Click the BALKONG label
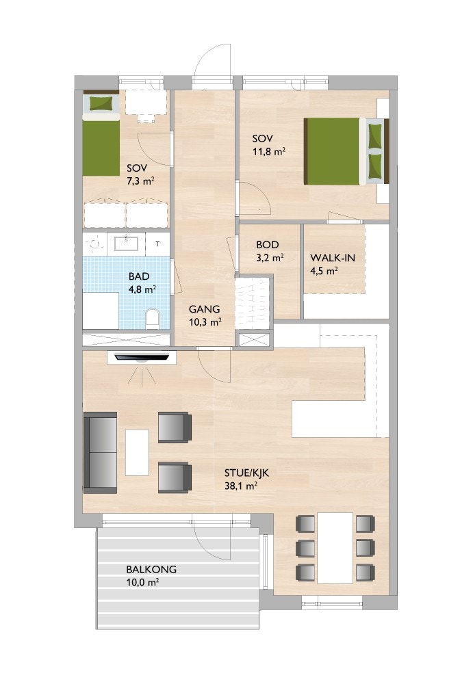[151, 569]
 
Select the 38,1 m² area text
[241, 487]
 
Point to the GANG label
[205, 308]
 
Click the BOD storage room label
[268, 244]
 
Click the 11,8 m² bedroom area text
[270, 153]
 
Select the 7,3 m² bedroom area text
[140, 181]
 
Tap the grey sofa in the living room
[101, 452]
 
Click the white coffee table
[137, 452]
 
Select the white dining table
[335, 547]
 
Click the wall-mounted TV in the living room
[143, 356]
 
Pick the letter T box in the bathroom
[158, 244]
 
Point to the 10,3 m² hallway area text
[205, 321]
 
